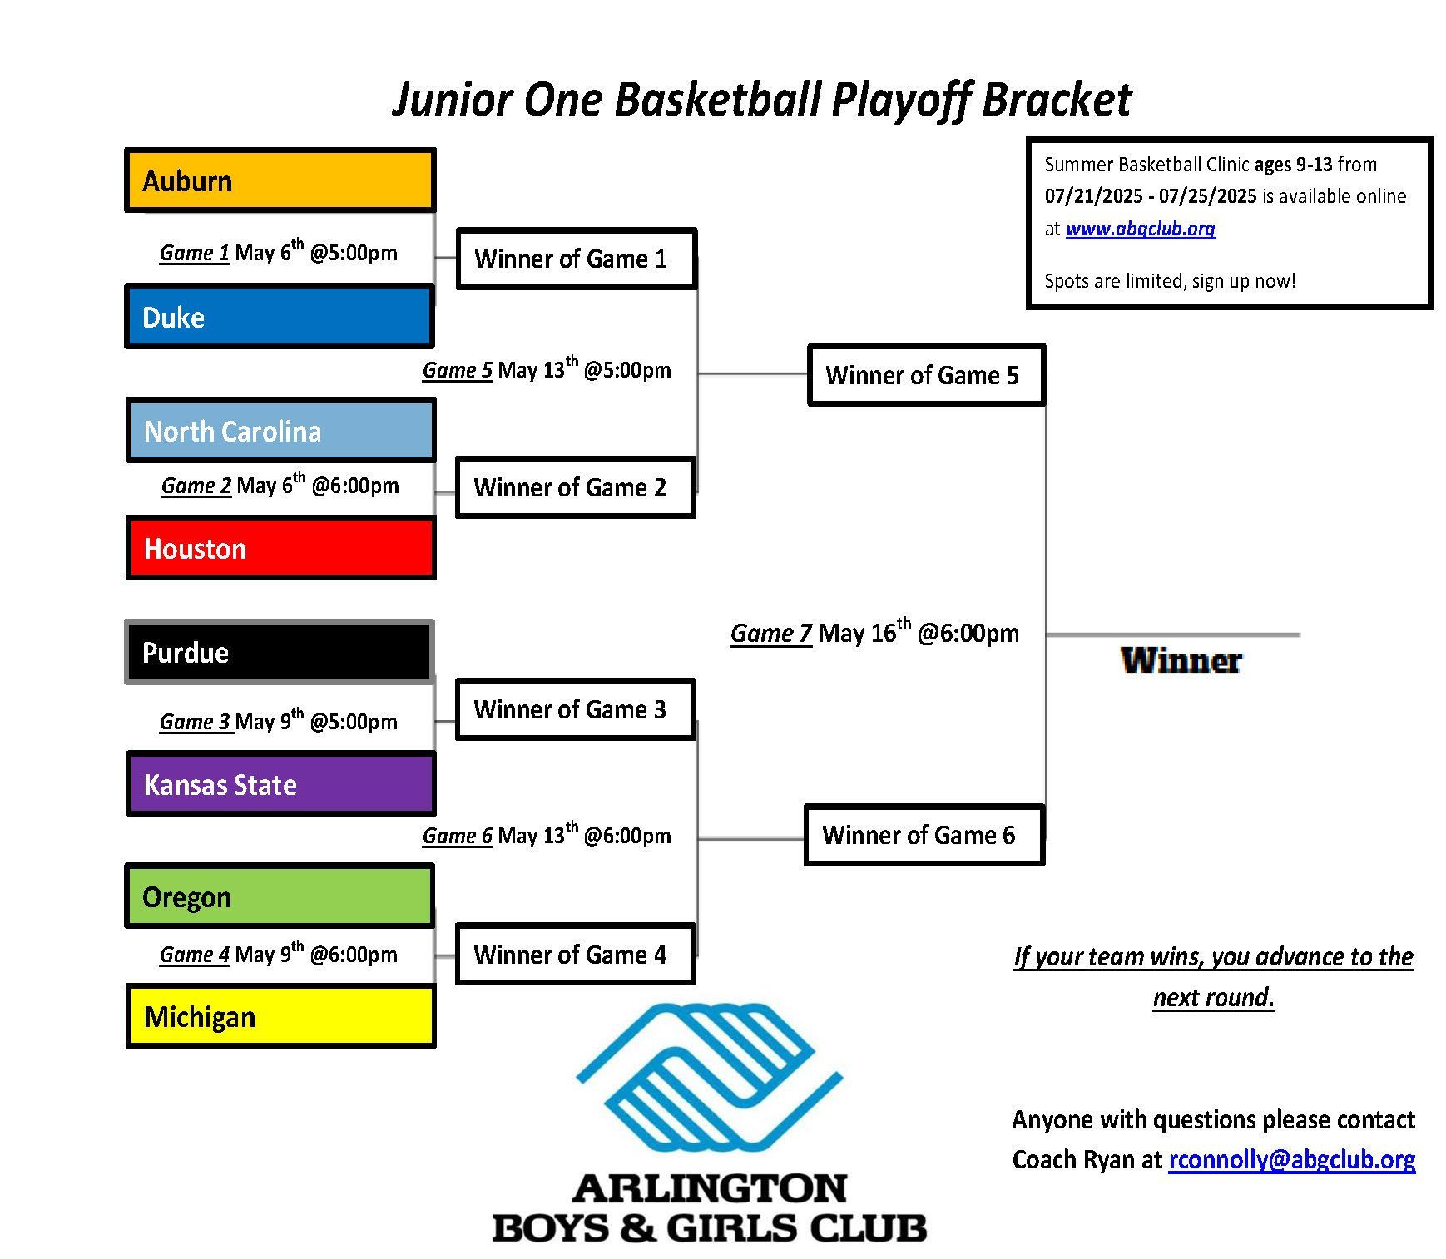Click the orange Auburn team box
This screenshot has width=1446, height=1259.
[x=280, y=180]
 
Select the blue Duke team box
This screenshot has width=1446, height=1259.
[x=280, y=316]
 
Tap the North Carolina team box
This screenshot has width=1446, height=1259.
[x=280, y=431]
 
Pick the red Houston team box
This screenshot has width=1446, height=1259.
[x=280, y=548]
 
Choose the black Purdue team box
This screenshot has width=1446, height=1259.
[x=280, y=652]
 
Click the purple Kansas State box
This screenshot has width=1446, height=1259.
[x=280, y=784]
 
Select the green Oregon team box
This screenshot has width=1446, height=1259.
[x=280, y=896]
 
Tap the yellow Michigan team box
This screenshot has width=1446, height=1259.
[x=280, y=1016]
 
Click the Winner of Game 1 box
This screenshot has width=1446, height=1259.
[x=577, y=259]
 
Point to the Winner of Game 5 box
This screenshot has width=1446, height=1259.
[x=927, y=375]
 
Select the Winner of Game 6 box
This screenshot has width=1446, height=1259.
[x=924, y=835]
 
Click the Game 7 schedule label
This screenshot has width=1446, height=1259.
[x=874, y=633]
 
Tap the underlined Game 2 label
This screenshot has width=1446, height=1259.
[x=196, y=486]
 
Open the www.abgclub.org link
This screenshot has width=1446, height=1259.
[x=1140, y=229]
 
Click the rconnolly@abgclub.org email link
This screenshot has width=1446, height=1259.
[x=1291, y=1159]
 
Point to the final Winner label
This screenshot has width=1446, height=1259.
[x=1181, y=661]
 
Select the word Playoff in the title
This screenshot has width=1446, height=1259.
[x=900, y=100]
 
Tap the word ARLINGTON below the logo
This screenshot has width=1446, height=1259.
[x=710, y=1189]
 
